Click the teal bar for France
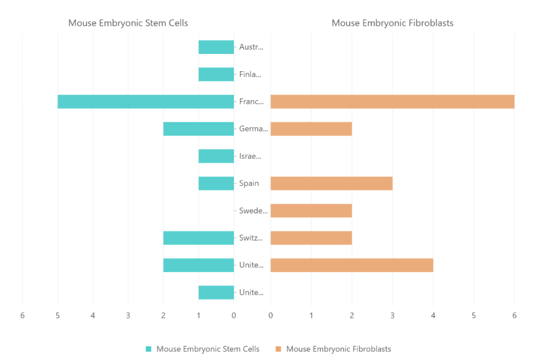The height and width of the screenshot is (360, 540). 146,101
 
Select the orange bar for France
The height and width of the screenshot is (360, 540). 392,101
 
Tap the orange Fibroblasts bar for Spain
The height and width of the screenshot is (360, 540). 331,183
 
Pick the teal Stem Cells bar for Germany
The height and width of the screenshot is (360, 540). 198,129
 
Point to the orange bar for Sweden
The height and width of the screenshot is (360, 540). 311,211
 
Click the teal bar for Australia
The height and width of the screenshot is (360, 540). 216,47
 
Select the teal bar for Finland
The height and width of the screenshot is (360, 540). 216,74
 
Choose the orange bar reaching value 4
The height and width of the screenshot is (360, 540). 351,265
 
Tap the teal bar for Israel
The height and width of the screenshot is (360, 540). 216,156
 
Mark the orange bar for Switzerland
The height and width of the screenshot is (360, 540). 311,238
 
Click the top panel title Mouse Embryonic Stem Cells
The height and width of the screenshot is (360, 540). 128,23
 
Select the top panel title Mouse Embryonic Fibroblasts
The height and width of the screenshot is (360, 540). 393,23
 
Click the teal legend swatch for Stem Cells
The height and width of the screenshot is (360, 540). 148,349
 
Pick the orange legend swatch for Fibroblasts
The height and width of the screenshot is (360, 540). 278,349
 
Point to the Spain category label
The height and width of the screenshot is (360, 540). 249,183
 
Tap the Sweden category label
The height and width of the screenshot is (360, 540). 253,211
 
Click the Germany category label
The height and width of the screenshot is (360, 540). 253,129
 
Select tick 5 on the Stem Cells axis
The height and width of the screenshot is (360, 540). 57,315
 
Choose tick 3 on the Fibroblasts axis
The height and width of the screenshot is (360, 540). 393,315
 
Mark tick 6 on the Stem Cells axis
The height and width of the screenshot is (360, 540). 22,315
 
